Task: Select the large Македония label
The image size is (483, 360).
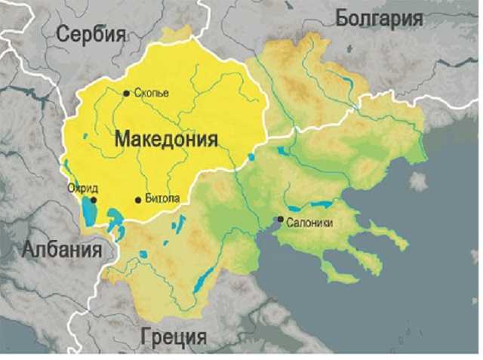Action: coord(166,140)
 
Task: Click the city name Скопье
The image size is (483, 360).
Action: coord(150,93)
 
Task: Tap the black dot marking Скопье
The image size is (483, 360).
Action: coord(126,93)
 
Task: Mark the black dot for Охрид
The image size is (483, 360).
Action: coord(94,201)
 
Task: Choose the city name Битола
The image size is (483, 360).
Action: coord(162,199)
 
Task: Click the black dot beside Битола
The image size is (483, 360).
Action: coord(137,200)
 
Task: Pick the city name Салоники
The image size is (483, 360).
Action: coord(310,222)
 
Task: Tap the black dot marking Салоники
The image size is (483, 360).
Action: coord(280,220)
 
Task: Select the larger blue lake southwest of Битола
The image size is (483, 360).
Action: coord(115,220)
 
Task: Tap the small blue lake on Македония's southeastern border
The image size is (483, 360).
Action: coord(251,157)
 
